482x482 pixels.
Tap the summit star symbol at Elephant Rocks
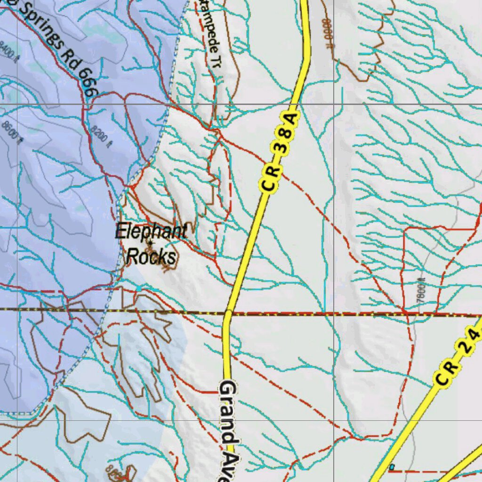(150, 243)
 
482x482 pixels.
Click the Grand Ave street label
(228, 431)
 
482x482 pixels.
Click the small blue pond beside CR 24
(391, 467)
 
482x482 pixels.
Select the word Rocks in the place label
(152, 257)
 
